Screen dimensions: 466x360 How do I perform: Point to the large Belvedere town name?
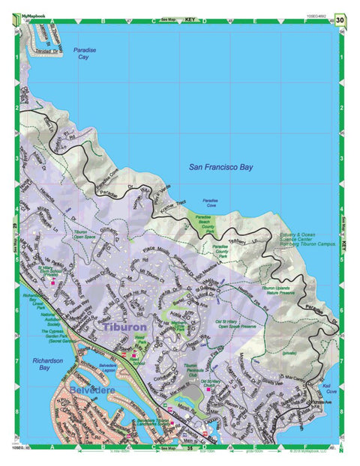92,390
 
